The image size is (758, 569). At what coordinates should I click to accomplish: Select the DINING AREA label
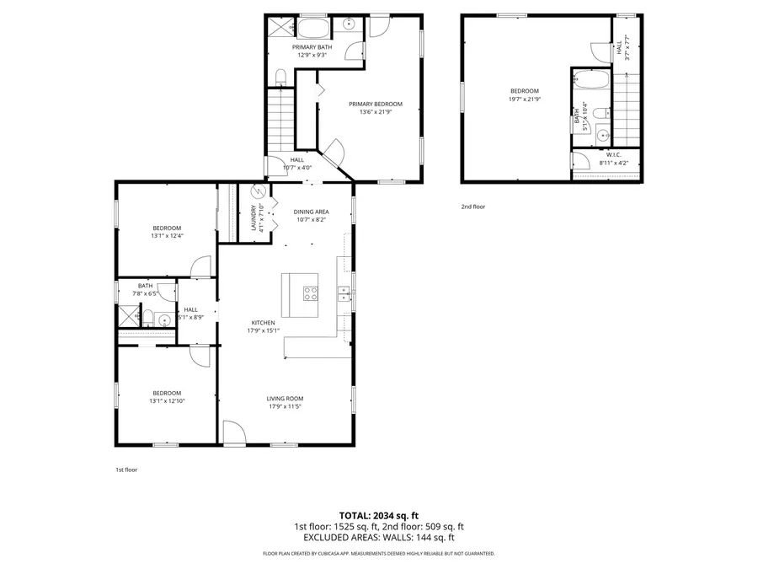coord(311,212)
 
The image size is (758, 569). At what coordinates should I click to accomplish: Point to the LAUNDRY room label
coord(253,218)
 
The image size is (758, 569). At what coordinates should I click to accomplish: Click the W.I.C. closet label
coord(613,154)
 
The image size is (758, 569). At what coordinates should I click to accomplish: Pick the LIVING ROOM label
coord(285,399)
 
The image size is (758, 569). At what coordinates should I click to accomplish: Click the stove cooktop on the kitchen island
coord(310,293)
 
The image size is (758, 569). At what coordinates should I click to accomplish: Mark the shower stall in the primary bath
coord(279,25)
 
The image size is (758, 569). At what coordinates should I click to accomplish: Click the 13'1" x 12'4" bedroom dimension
coord(167,236)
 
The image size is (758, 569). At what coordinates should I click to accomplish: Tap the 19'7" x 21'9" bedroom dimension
coord(524,99)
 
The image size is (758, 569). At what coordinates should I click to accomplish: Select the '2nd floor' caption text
coord(473,207)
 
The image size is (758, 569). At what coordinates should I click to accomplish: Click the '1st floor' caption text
coord(126,470)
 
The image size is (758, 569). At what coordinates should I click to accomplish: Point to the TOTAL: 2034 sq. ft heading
coord(378,514)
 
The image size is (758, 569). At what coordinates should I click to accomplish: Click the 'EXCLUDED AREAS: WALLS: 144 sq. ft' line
coord(378,537)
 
